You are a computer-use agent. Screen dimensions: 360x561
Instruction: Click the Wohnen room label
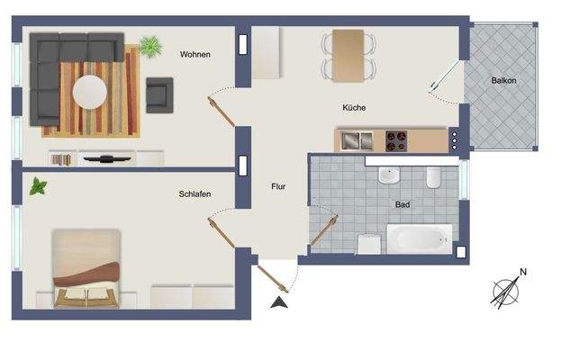[195, 55]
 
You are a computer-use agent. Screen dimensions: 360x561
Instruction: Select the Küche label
[354, 108]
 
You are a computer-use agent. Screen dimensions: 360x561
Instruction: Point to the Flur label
[278, 187]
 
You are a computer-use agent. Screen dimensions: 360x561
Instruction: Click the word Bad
[403, 204]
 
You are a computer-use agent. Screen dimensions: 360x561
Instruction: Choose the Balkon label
[503, 81]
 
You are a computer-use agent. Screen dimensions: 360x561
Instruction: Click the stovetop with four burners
[397, 139]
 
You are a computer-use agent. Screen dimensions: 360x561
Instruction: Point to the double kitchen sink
[357, 139]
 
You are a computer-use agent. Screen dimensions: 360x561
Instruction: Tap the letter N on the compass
[523, 272]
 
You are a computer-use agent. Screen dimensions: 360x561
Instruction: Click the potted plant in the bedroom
[38, 186]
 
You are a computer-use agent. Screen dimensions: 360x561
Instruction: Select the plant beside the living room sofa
[149, 44]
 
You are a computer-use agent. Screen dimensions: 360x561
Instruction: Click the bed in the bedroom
[86, 268]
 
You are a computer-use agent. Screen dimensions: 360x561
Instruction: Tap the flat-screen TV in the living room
[107, 158]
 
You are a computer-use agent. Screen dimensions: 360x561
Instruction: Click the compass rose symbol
[505, 291]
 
